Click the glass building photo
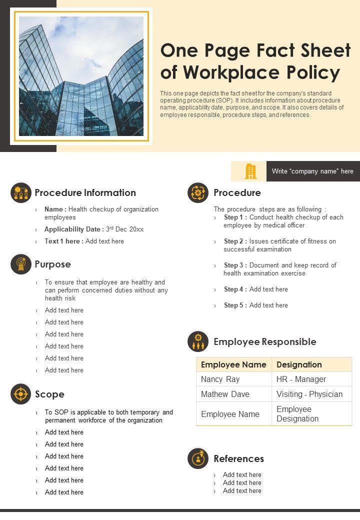[x=81, y=76]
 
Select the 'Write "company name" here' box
[x=312, y=171]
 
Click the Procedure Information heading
[x=85, y=192]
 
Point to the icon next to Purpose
[x=20, y=264]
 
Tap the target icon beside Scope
[x=20, y=394]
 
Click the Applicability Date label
[x=74, y=229]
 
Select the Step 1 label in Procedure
[x=235, y=217]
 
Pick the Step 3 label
[x=235, y=265]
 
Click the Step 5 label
[x=235, y=305]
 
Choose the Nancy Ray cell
[x=220, y=379]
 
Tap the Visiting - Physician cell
[x=309, y=394]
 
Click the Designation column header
[x=299, y=364]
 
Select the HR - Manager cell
[x=301, y=379]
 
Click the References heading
[x=238, y=458]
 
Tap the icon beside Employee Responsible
[x=198, y=341]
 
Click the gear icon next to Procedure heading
[x=198, y=192]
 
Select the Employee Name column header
[x=233, y=364]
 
